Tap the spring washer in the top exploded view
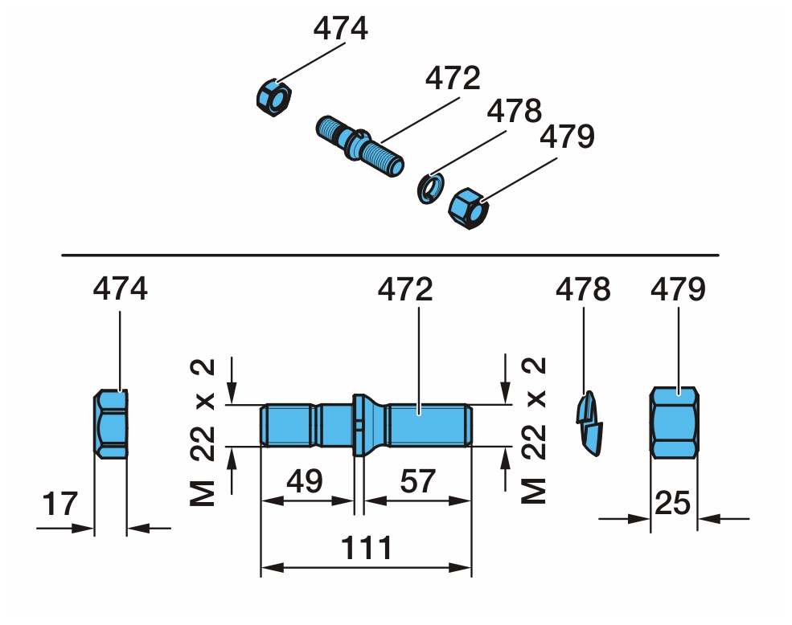pos(430,187)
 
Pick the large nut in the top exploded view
pos(467,209)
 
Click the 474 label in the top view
pos(340,29)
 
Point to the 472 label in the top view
pos(452,79)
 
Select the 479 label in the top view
pos(567,137)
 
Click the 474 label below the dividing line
pos(121,289)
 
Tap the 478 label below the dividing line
pos(583,289)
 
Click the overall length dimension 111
pos(367,549)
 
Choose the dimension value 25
pos(674,504)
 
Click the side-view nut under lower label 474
pos(111,424)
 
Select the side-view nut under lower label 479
pos(674,423)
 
